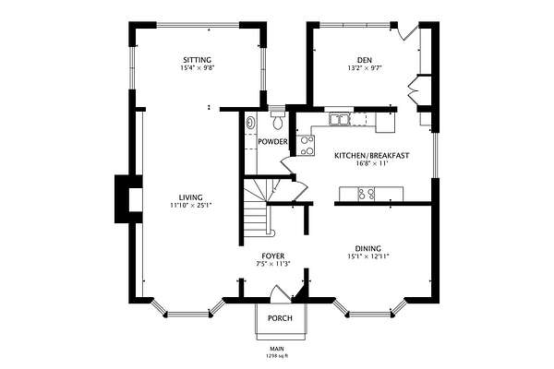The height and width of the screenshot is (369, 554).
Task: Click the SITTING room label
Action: [197, 60]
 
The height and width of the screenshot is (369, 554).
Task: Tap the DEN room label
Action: [365, 60]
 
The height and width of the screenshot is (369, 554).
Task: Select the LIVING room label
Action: [190, 197]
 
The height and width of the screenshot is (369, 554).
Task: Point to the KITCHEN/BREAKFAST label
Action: [372, 155]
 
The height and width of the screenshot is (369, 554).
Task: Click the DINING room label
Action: [367, 248]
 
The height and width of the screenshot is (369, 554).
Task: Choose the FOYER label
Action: [272, 256]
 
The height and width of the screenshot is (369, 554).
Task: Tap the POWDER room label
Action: [272, 142]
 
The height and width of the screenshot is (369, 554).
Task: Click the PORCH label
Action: [280, 318]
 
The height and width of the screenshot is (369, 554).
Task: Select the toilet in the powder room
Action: [278, 119]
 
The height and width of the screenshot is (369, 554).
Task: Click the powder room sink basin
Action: [250, 123]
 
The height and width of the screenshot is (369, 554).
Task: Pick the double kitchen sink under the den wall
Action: [339, 119]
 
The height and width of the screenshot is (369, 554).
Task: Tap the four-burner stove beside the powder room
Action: [306, 146]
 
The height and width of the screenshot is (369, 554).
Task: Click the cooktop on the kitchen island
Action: [367, 195]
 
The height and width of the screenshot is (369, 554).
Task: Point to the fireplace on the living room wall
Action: [128, 199]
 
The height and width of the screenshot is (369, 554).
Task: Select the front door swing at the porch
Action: [280, 293]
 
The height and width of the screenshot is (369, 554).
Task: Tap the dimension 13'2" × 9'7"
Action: [365, 68]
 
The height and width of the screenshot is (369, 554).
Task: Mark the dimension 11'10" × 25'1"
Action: [191, 205]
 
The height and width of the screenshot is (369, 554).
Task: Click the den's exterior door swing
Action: [405, 33]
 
